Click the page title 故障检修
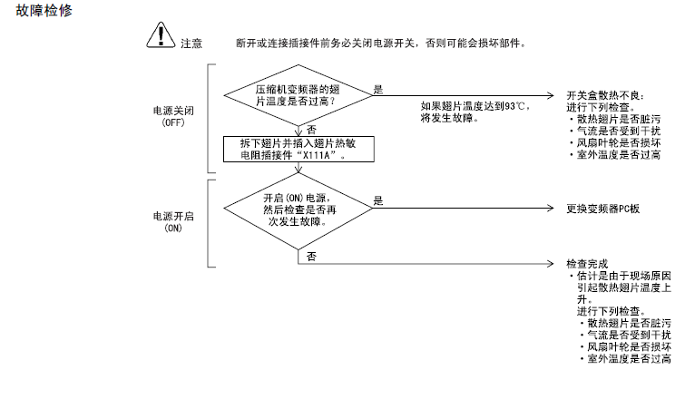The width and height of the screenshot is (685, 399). [44, 10]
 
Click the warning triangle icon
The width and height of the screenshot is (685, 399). [161, 35]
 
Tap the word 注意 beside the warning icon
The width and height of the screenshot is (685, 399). [191, 44]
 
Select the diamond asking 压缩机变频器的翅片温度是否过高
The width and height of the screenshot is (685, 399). [298, 95]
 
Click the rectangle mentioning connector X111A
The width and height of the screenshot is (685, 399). [298, 150]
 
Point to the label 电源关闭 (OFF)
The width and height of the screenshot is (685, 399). [173, 117]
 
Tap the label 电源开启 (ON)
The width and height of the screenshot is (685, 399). [173, 222]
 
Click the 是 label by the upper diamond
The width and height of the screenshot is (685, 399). [378, 90]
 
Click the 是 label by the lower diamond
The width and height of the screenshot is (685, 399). [378, 200]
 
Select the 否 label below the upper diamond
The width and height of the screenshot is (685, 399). [311, 130]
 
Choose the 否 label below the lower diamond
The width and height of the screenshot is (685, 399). [311, 257]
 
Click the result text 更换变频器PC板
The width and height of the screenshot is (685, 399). [602, 209]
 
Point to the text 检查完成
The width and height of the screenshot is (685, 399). [587, 264]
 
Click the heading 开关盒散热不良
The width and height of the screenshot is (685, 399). [605, 95]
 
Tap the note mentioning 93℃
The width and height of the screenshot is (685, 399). [475, 112]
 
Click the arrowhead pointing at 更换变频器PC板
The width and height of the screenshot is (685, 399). [551, 209]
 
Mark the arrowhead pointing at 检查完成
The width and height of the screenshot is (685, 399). [551, 263]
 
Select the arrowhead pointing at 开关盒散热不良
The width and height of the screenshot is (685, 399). [551, 95]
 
